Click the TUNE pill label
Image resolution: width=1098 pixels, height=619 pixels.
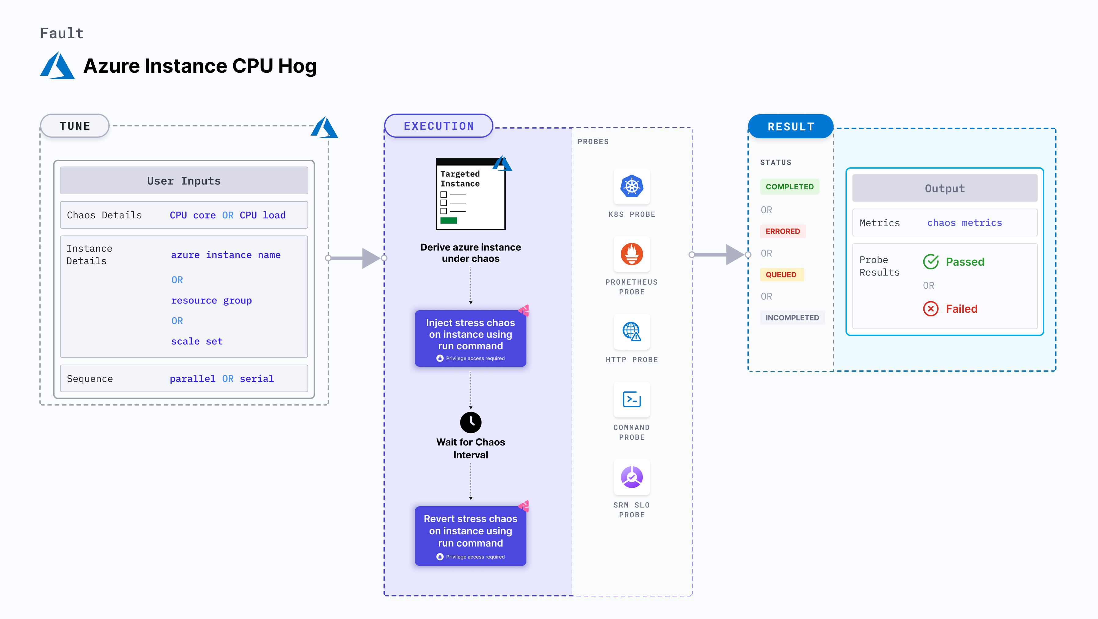(x=75, y=126)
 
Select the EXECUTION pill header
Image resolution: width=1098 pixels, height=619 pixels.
(x=438, y=126)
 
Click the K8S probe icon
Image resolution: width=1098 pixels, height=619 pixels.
(x=632, y=186)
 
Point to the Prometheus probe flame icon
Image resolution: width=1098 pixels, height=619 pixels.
(x=632, y=254)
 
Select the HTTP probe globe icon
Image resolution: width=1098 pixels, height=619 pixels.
(x=632, y=331)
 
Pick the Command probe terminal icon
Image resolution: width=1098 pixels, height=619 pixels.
(x=632, y=399)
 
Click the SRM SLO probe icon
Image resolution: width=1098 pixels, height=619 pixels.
(x=632, y=477)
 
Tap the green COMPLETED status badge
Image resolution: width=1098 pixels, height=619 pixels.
(x=789, y=187)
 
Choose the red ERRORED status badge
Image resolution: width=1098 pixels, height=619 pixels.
(x=783, y=231)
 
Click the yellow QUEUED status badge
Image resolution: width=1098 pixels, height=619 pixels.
(x=781, y=275)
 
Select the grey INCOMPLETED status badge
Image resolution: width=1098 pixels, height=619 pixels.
(x=792, y=318)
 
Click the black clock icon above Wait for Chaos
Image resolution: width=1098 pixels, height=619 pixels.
(x=471, y=422)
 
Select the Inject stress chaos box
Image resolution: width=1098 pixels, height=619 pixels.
(x=471, y=338)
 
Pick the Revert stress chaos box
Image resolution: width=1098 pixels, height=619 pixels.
(x=471, y=535)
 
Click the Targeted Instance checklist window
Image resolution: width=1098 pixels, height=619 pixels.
(x=471, y=194)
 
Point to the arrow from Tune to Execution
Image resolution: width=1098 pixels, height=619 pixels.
(x=356, y=258)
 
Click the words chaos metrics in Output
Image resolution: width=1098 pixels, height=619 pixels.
(x=965, y=223)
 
